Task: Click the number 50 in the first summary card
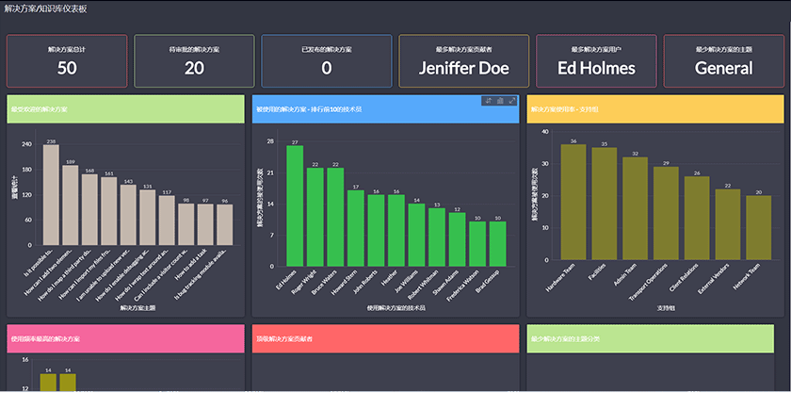point(67,68)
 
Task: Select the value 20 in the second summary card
point(194,68)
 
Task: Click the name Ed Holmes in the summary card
point(596,68)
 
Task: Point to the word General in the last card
point(723,68)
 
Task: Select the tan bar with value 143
point(128,215)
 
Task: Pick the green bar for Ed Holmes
point(295,205)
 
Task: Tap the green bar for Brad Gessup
point(498,243)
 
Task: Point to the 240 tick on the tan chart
point(27,145)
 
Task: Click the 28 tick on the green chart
point(270,142)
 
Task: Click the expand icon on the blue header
point(511,101)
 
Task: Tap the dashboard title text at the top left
point(45,8)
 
